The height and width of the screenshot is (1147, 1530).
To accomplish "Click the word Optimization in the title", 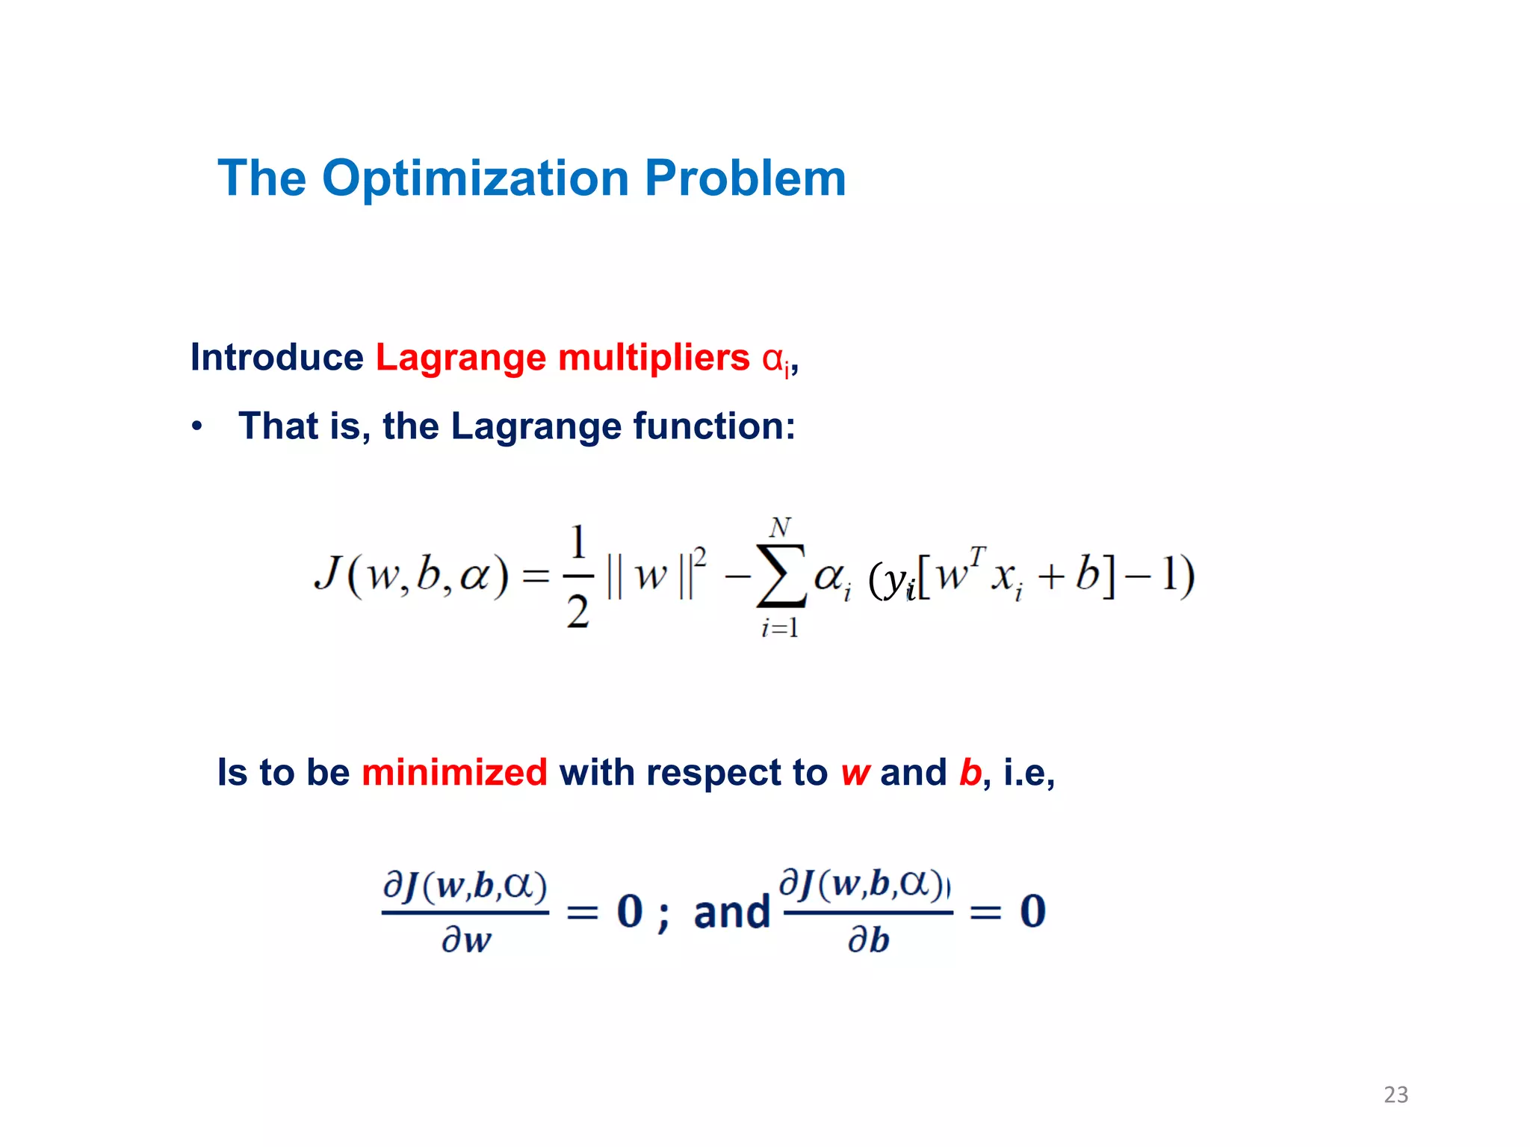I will click(x=475, y=179).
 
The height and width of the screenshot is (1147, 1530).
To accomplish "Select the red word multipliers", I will click(x=653, y=357).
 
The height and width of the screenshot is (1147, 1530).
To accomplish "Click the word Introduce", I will click(x=276, y=357).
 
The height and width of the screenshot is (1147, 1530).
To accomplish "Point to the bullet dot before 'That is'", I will click(x=196, y=427).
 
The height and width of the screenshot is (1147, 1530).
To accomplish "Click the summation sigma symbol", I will click(x=780, y=576).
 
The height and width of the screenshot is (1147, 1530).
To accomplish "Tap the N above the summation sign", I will click(x=780, y=528).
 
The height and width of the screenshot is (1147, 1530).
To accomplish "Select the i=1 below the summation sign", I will click(x=780, y=628).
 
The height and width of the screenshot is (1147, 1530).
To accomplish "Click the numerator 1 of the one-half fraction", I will click(x=578, y=542).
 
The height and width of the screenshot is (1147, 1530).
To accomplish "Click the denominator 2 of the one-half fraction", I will click(x=578, y=612).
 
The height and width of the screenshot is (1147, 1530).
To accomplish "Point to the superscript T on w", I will click(x=977, y=556).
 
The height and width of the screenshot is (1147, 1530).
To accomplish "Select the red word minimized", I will click(x=454, y=772).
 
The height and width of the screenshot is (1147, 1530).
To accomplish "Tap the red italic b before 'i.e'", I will click(x=970, y=772).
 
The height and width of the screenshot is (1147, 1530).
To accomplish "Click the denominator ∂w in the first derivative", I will click(x=466, y=939).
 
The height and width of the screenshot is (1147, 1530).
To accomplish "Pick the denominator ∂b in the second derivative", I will click(x=868, y=939).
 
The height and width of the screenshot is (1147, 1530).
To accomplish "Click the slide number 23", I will click(x=1396, y=1095).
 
